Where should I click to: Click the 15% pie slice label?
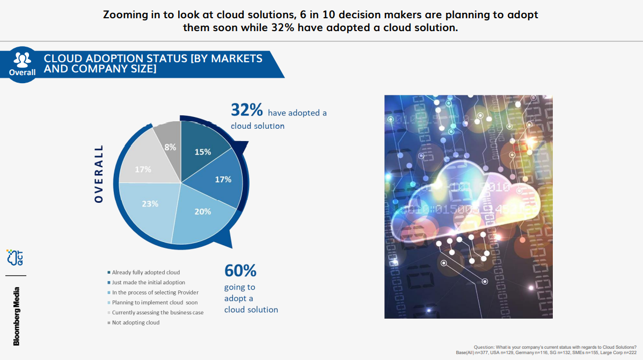point(203,152)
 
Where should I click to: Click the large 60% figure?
point(240,270)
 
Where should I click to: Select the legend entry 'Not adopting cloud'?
point(136,322)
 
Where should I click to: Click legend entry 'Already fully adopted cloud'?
point(145,273)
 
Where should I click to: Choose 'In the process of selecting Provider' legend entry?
point(155,292)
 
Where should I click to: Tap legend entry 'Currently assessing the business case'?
point(158,312)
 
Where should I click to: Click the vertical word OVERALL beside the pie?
point(98,174)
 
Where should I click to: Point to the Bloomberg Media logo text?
point(17,316)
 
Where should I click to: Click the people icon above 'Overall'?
point(22,58)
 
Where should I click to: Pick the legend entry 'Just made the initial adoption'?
point(148,282)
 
